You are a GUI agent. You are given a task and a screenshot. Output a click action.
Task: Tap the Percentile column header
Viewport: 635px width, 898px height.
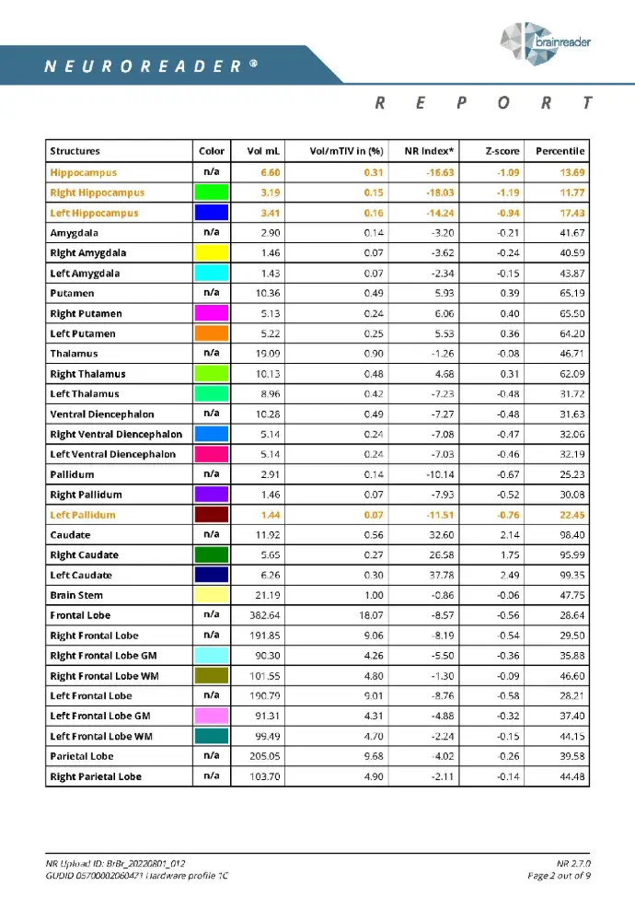[x=560, y=151]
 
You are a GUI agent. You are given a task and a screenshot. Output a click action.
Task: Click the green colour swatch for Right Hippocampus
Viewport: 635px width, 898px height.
[x=211, y=192]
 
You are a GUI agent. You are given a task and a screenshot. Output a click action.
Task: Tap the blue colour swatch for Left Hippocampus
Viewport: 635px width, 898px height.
[x=211, y=213]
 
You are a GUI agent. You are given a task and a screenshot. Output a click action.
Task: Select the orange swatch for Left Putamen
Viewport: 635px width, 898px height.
[x=211, y=333]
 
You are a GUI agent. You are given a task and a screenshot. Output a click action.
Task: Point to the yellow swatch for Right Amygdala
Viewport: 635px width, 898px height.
[x=211, y=253]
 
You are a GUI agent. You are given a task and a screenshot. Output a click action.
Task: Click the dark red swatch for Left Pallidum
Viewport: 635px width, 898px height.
[x=211, y=515]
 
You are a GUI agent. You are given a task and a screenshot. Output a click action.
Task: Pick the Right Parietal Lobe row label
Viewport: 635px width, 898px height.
[x=96, y=776]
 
